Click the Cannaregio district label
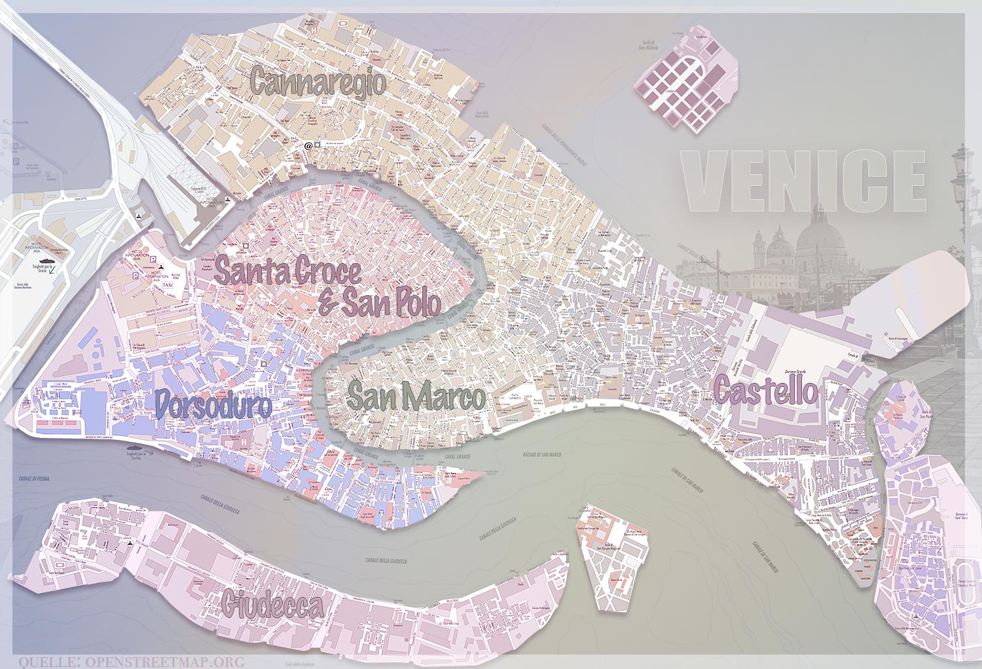[318, 82]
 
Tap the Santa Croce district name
[287, 271]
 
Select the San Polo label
[390, 302]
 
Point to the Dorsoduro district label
[213, 405]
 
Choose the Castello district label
[765, 391]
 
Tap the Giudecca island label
[272, 605]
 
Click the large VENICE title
[804, 181]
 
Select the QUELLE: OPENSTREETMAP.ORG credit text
[131, 662]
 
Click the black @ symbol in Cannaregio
[308, 145]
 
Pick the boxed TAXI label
[167, 285]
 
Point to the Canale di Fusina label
[34, 479]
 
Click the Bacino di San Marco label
[542, 454]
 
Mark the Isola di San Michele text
[648, 45]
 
